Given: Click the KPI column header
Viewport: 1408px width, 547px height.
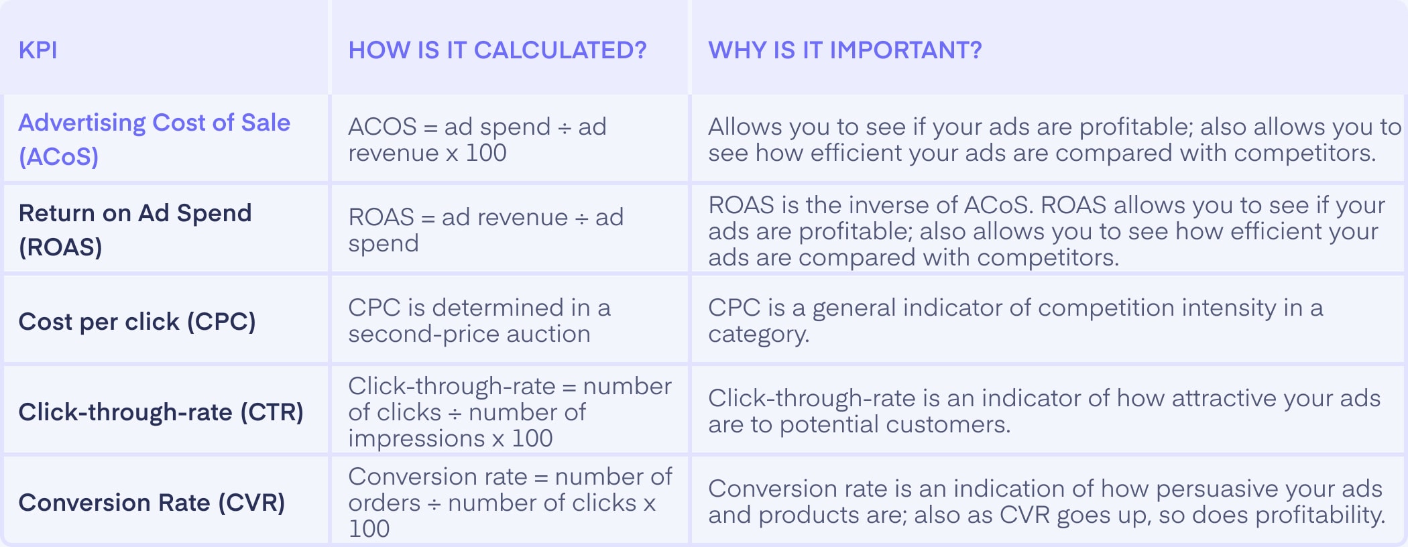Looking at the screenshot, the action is coord(38,50).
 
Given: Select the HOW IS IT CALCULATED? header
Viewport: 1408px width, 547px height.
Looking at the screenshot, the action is coord(497,50).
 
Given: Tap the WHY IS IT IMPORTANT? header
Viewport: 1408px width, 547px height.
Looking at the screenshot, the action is coord(845,50).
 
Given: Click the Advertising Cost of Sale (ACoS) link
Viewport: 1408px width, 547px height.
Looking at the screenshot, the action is coord(154,139).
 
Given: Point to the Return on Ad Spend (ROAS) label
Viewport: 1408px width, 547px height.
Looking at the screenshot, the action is coord(135,230).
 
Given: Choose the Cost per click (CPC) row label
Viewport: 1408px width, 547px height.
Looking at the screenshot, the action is coord(137,322).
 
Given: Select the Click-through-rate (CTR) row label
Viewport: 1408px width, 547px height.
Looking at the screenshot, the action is coord(161,412).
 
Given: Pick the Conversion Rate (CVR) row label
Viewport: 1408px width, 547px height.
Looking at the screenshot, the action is coord(152,503).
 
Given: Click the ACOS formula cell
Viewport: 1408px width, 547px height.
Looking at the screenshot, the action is coord(477,139).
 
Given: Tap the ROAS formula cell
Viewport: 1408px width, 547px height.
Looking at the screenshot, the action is coord(486,230).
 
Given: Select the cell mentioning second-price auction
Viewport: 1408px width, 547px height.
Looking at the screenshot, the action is coord(479,320).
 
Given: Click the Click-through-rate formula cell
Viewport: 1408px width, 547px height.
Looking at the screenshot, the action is coord(510,412).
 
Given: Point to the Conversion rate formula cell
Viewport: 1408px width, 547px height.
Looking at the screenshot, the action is coord(510,503).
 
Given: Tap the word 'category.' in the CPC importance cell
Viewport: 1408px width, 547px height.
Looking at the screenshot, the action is coord(759,335).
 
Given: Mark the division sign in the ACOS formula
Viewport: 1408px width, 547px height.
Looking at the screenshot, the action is coord(565,127).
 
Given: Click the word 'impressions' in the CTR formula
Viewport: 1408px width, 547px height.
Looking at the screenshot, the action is coord(416,438).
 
